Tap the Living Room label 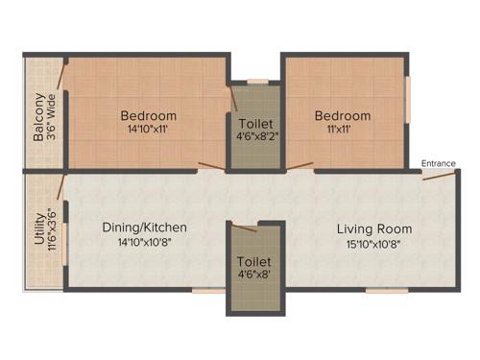tap(374, 229)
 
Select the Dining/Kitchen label tap(144, 228)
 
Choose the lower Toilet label tap(255, 261)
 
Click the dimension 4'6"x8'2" tap(255, 137)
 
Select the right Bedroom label tap(343, 115)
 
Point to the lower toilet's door tap(244, 228)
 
